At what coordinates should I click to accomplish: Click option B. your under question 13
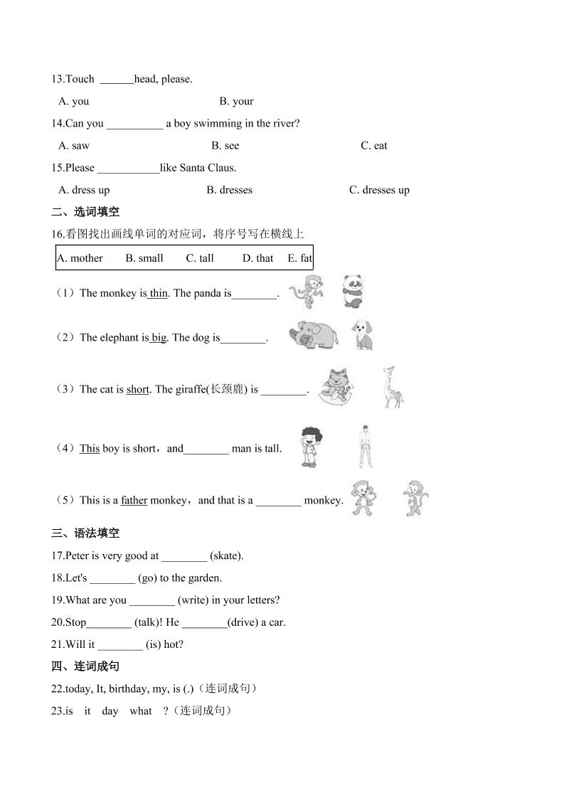coord(236,101)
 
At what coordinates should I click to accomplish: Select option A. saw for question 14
coord(74,146)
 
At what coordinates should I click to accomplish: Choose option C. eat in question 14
coord(374,146)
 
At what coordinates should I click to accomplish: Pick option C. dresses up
coord(379,190)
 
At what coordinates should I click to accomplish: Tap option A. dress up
coord(84,190)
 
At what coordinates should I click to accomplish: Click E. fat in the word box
coord(299,258)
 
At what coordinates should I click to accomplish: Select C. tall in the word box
coord(200,258)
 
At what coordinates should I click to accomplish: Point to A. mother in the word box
coord(80,258)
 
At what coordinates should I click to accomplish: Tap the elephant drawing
coord(313,334)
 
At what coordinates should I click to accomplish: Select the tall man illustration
coord(366,446)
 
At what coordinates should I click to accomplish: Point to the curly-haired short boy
coord(311,446)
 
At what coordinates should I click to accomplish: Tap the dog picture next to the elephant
coord(363,335)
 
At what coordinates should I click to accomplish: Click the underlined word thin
coord(159,293)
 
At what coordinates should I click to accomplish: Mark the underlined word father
coord(134,500)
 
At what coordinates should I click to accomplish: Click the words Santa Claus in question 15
coord(207,168)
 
